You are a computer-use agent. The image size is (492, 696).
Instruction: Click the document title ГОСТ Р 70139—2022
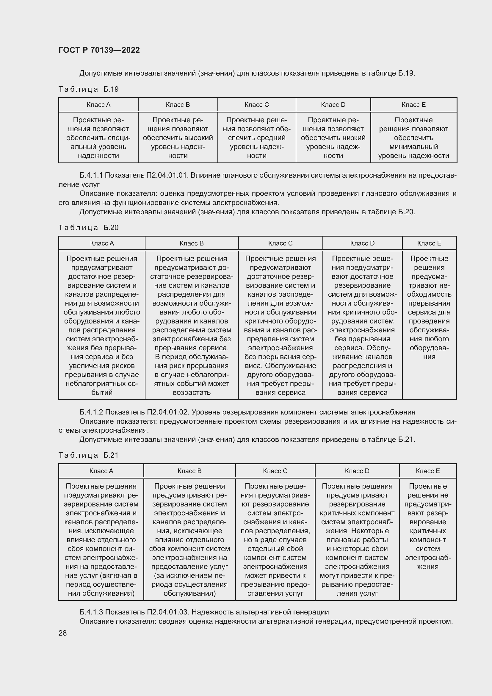99,50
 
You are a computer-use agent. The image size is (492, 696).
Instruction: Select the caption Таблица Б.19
88,89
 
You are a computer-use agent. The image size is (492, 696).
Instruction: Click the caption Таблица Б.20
88,227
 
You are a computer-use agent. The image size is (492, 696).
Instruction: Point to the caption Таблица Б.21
88,455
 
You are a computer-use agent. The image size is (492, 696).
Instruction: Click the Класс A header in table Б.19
98,104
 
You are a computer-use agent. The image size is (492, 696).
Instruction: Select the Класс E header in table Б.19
413,104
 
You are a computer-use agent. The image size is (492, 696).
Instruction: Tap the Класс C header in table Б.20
280,243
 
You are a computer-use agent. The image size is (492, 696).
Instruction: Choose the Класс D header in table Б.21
357,471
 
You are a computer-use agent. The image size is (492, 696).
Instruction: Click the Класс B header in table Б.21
189,471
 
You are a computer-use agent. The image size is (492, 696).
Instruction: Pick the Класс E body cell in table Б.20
429,308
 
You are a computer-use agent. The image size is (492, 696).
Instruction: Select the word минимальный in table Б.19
413,147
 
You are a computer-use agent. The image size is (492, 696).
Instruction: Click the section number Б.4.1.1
91,175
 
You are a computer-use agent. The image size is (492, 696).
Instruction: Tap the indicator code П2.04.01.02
168,412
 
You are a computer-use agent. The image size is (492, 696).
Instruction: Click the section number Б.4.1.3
91,612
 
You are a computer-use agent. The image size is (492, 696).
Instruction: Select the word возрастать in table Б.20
192,392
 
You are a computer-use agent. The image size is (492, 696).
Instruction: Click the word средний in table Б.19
272,138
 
